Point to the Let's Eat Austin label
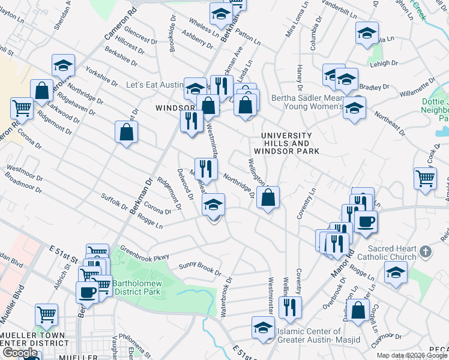[154, 85]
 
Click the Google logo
[19, 353]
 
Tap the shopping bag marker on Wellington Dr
[268, 197]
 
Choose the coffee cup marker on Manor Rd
[366, 222]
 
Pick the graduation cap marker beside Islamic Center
[262, 328]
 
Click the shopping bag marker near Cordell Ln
[358, 312]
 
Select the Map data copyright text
[412, 355]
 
